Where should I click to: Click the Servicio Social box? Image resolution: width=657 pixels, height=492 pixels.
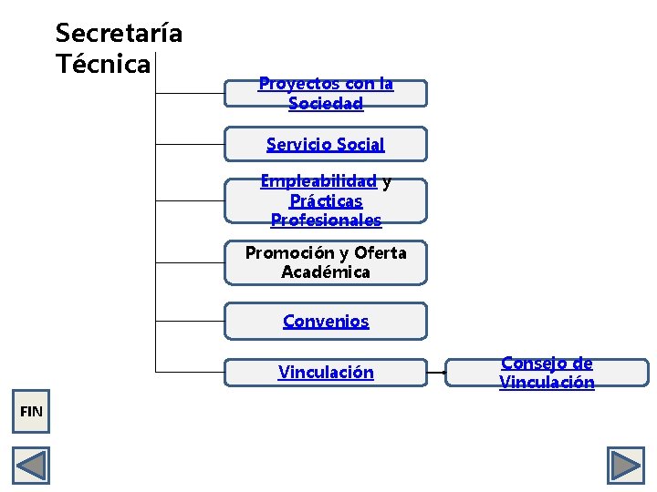coord(326,144)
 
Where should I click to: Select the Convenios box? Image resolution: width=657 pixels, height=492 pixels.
coord(326,321)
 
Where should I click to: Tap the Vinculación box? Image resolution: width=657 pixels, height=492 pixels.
coord(326,372)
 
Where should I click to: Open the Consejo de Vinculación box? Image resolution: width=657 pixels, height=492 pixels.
coord(547,373)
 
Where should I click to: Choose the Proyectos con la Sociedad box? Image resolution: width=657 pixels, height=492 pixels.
coord(326,94)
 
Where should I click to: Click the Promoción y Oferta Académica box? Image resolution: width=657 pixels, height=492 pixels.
coord(326,262)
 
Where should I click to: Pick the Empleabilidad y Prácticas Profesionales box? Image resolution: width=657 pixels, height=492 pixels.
coord(326,201)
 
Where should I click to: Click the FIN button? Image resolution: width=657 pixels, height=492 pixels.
coord(31,412)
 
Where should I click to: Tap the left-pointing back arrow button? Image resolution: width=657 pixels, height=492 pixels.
coord(31,466)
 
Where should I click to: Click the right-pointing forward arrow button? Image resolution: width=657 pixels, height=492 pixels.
coord(626,466)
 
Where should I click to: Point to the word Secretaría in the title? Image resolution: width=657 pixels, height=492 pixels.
coord(119,34)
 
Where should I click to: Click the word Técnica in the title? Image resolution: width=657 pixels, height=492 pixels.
coord(102,65)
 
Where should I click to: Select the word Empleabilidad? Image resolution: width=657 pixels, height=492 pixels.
coord(318,181)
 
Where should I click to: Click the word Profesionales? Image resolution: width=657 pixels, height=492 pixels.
coord(326,220)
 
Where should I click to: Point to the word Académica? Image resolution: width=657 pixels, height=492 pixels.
coord(326,272)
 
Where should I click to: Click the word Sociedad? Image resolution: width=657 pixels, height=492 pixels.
coord(326,104)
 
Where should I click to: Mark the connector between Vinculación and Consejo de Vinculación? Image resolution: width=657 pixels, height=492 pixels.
coord(436,373)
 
